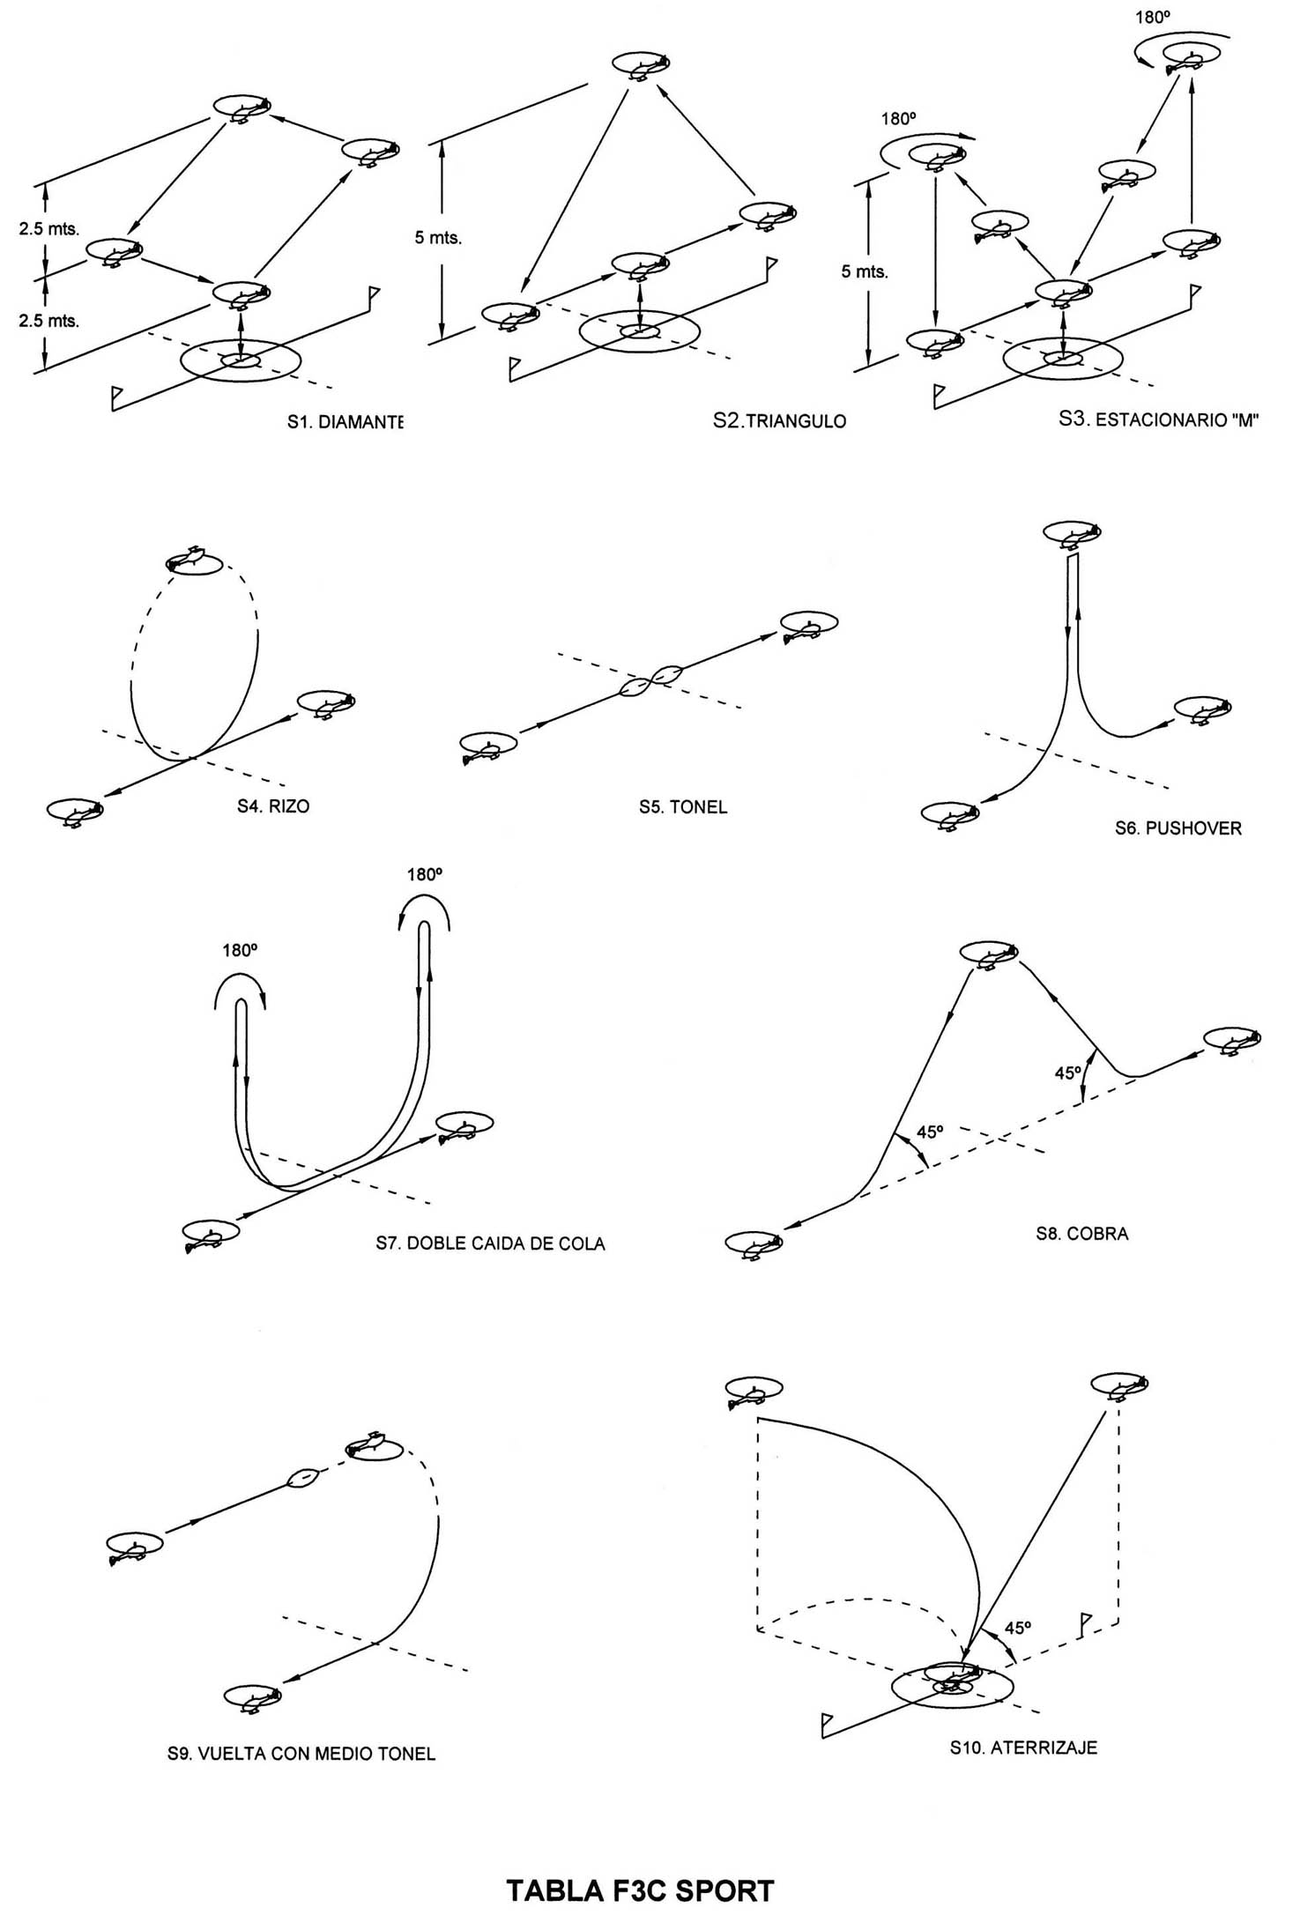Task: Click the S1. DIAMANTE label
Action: click(345, 422)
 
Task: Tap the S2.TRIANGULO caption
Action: click(779, 421)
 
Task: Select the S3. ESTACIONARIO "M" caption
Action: click(1157, 419)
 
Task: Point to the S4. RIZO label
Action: click(273, 806)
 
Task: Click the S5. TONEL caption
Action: click(683, 807)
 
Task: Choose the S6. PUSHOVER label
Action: click(1178, 828)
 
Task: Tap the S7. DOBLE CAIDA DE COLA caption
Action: click(490, 1244)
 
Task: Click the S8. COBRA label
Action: click(1082, 1234)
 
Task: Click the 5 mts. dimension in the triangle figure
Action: click(438, 238)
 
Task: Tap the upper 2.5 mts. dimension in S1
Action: click(49, 229)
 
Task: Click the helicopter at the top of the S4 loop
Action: click(194, 560)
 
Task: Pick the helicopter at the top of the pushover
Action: click(1072, 533)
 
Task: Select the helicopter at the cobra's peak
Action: click(988, 954)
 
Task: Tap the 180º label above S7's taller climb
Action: click(424, 875)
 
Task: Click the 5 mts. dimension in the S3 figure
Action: click(865, 271)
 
